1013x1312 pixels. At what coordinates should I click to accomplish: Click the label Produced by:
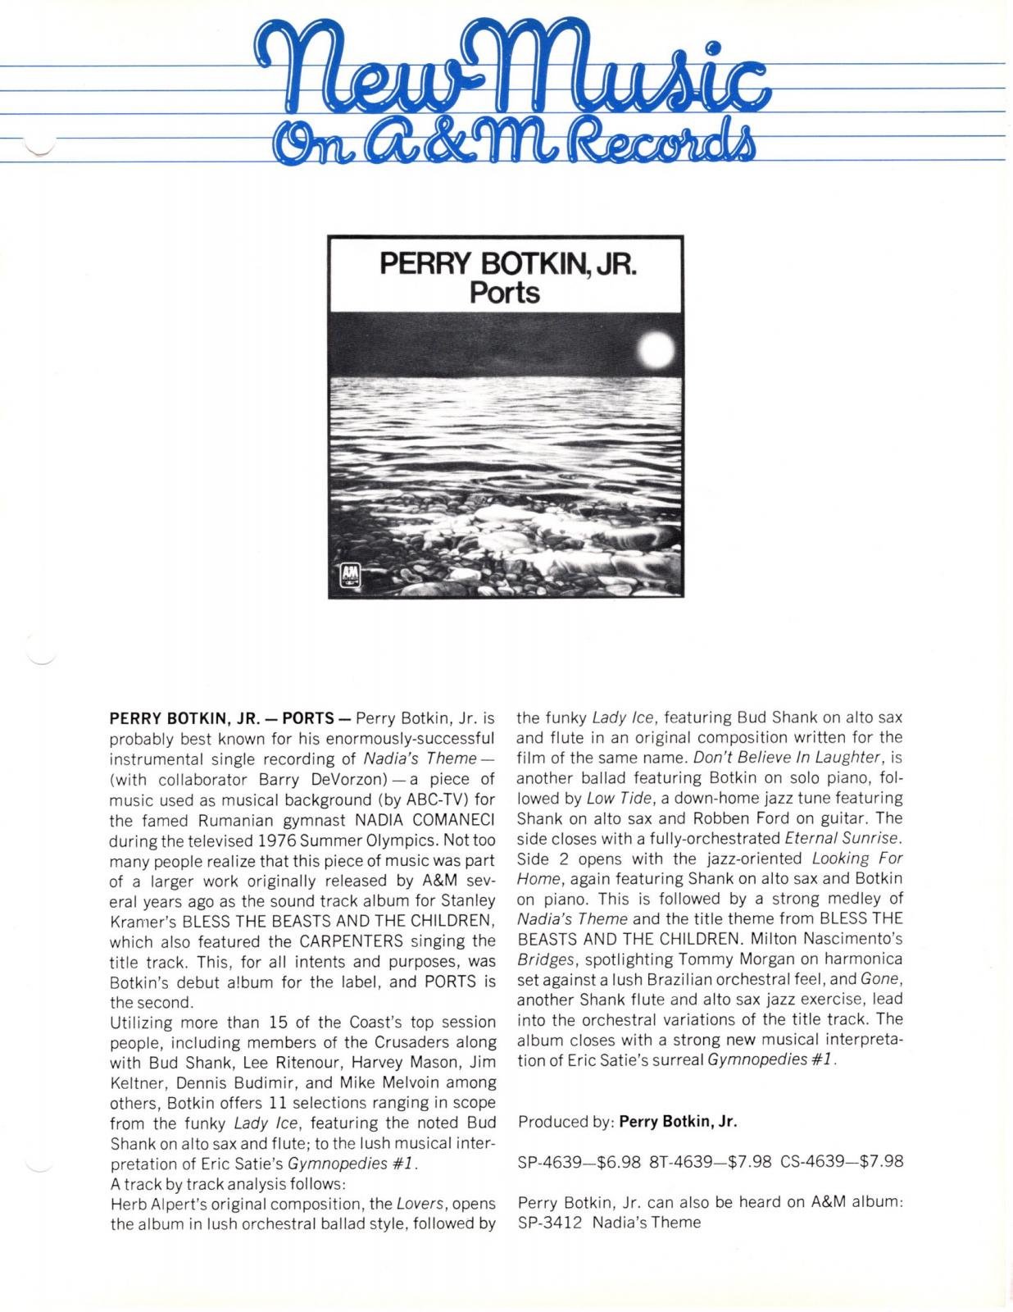(x=566, y=1121)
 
